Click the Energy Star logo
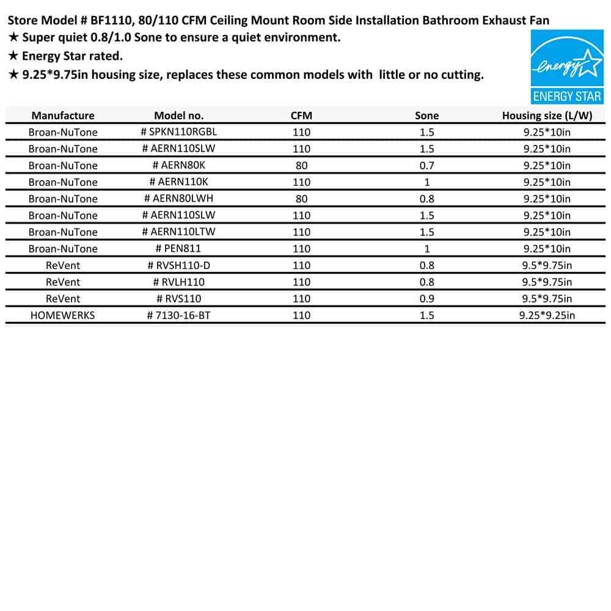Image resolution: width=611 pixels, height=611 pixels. point(566,67)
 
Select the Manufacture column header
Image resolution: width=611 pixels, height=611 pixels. point(63,115)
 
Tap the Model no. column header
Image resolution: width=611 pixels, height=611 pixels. point(179,115)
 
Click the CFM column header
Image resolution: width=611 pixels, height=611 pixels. point(301,115)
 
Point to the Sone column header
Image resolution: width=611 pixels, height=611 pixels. point(426,115)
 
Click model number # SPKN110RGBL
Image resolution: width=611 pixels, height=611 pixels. point(179,132)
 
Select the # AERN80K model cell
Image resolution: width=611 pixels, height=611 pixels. point(179,166)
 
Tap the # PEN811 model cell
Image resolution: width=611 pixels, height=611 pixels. point(179,249)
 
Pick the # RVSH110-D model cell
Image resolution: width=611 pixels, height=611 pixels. point(179,265)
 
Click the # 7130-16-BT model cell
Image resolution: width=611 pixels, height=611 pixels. point(179,315)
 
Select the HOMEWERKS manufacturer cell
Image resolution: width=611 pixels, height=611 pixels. point(62,315)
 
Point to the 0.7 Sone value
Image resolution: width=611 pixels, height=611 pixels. point(426,166)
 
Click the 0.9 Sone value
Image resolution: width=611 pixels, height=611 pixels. point(426,299)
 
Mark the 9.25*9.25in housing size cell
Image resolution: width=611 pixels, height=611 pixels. point(547,315)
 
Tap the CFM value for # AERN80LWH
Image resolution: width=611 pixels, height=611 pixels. point(301,199)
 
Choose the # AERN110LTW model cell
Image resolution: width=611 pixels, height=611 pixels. point(179,232)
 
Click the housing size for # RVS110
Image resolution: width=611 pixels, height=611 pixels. point(547,299)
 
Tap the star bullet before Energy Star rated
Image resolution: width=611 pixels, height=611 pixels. point(13,56)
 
